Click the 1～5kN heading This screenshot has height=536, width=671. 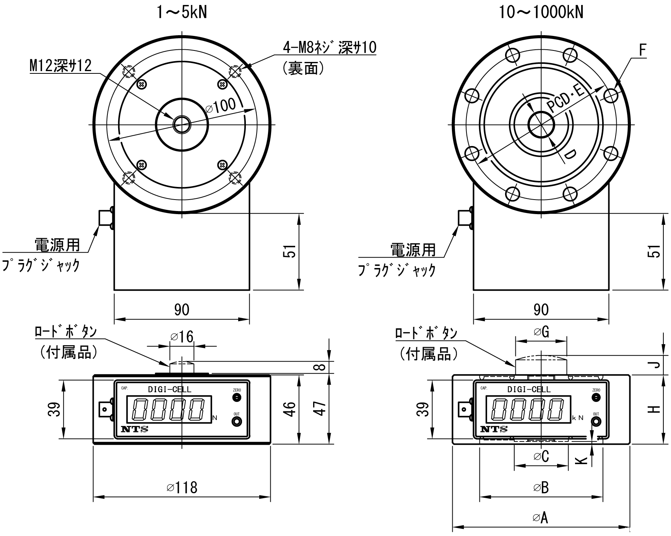[182, 13]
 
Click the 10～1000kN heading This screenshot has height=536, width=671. [541, 13]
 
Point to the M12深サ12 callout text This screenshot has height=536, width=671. [61, 66]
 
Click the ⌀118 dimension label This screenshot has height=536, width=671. [182, 487]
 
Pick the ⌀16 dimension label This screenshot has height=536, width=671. [182, 336]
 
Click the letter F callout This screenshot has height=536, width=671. [642, 50]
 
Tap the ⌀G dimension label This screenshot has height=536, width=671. [541, 332]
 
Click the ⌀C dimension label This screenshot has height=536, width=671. [541, 456]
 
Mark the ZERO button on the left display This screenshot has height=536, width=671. [237, 398]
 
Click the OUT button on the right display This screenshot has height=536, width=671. [596, 422]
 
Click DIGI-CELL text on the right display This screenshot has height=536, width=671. [529, 389]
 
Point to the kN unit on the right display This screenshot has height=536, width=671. [578, 418]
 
